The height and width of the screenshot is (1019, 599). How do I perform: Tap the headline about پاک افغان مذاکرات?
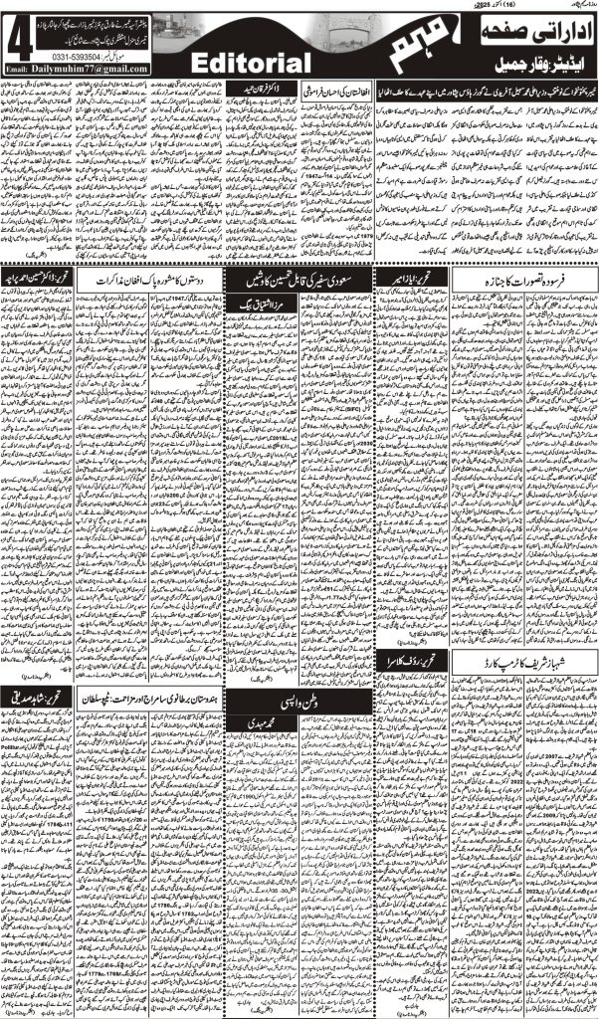click(152, 282)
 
